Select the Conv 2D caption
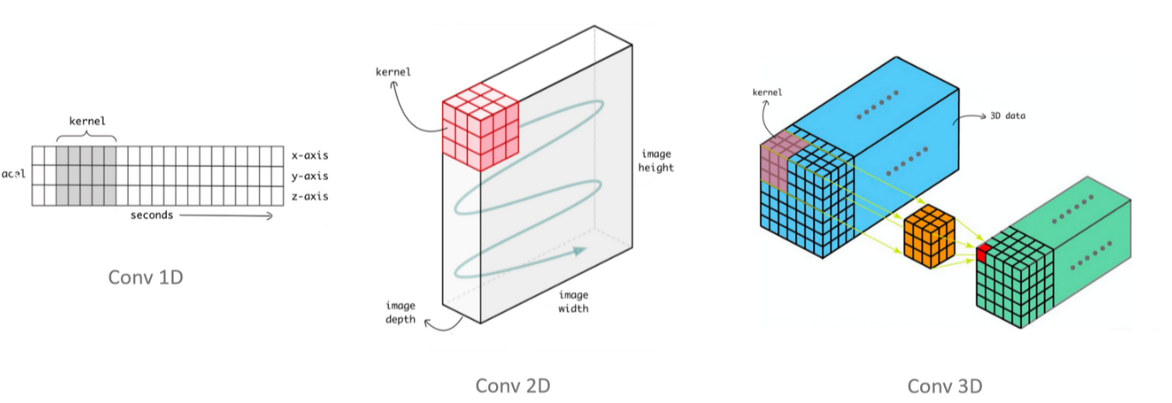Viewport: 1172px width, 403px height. [512, 385]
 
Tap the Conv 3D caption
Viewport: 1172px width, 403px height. [945, 385]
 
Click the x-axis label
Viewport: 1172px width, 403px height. [310, 156]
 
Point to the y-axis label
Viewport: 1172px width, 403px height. [310, 177]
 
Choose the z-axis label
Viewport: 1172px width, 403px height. [310, 197]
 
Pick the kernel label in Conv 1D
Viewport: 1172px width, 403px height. [87, 121]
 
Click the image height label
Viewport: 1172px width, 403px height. [655, 160]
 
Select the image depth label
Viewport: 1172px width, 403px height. [400, 312]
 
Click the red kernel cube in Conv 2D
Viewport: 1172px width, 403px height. [481, 124]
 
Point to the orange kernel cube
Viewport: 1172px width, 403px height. [930, 233]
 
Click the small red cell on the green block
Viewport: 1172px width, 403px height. [983, 251]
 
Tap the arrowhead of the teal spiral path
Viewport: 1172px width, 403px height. [580, 251]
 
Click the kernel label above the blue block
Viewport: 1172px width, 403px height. [765, 92]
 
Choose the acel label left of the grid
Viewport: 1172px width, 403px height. [13, 173]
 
